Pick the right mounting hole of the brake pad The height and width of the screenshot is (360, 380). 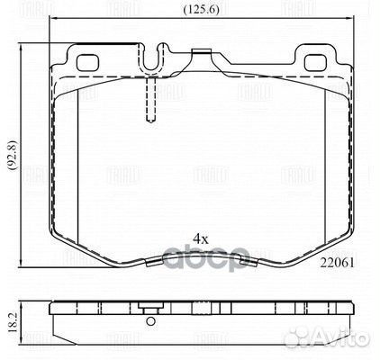317,63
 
